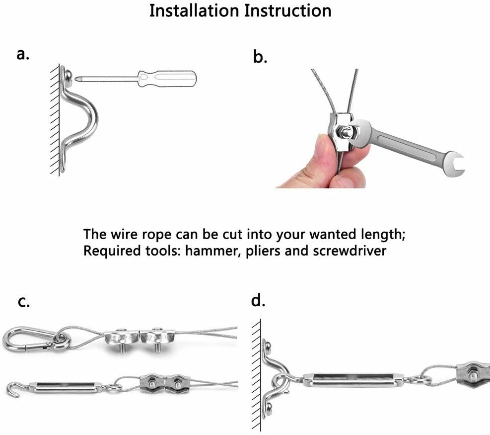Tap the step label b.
pyautogui.click(x=260, y=57)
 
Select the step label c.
pyautogui.click(x=23, y=302)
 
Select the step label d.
pyautogui.click(x=259, y=301)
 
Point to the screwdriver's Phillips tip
pyautogui.click(x=76, y=77)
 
